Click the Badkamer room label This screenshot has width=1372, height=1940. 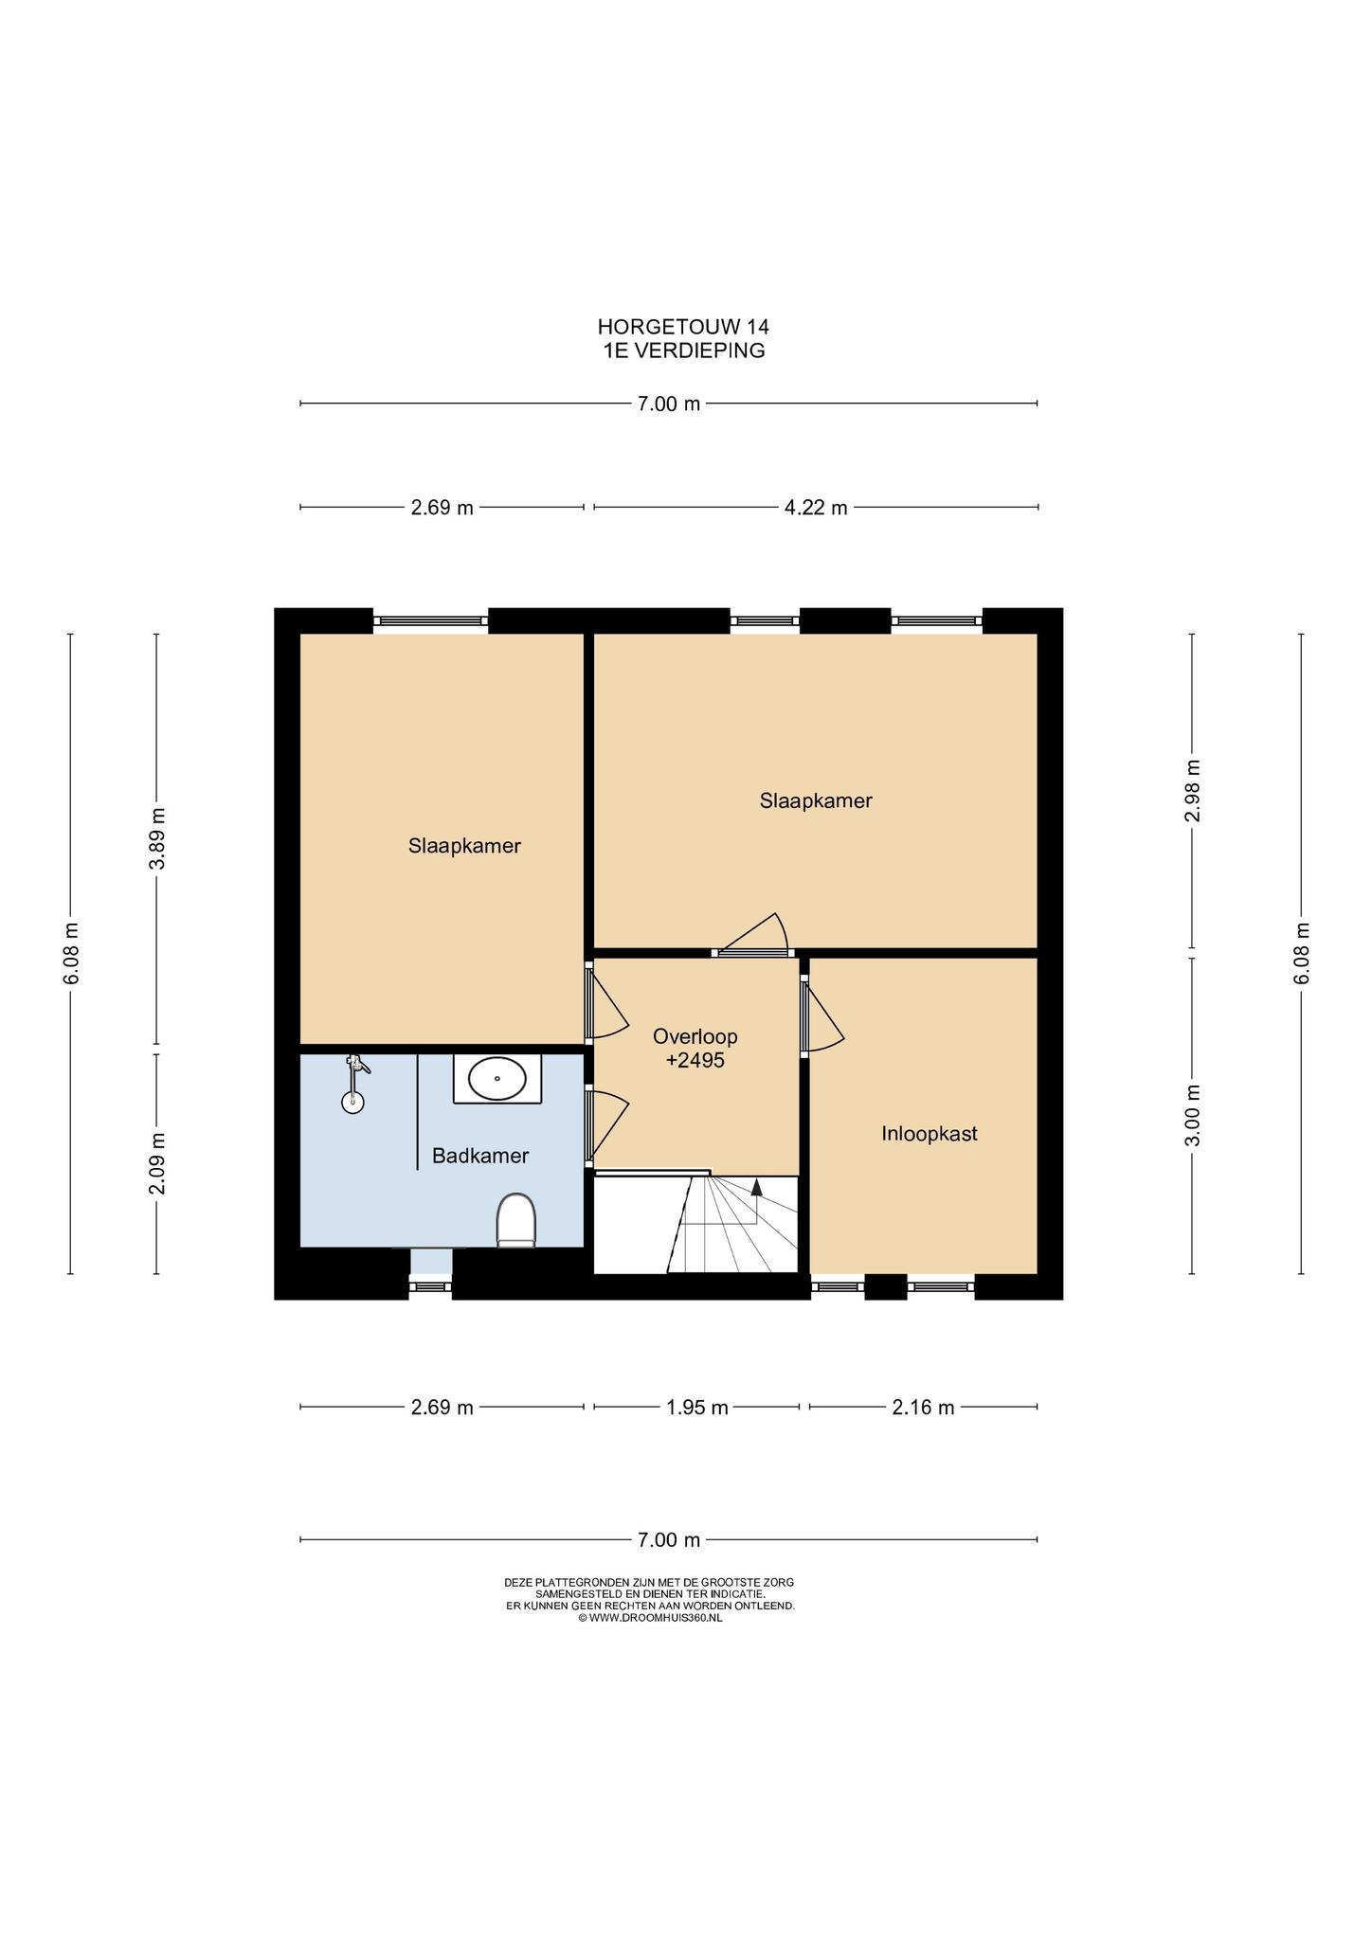tap(480, 1156)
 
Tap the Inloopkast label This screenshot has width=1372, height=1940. tap(930, 1133)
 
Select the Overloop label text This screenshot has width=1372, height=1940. tap(695, 1036)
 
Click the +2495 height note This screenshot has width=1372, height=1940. tap(695, 1061)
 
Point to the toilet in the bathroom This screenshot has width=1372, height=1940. tap(516, 1220)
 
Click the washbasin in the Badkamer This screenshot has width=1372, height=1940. tap(497, 1078)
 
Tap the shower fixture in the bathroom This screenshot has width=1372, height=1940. tap(354, 1083)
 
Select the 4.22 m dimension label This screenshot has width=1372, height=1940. tap(816, 508)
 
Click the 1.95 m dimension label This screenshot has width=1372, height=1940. tap(697, 1408)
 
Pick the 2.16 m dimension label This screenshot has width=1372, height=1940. tap(923, 1408)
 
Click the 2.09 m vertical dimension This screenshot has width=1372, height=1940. tap(157, 1163)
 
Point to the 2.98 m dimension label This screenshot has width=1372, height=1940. tap(1193, 791)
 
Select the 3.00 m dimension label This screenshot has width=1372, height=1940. tap(1193, 1115)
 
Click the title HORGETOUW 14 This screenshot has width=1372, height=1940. tap(683, 327)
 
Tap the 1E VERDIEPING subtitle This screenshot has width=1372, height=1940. tap(684, 350)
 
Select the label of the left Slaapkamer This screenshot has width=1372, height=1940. tap(465, 846)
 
